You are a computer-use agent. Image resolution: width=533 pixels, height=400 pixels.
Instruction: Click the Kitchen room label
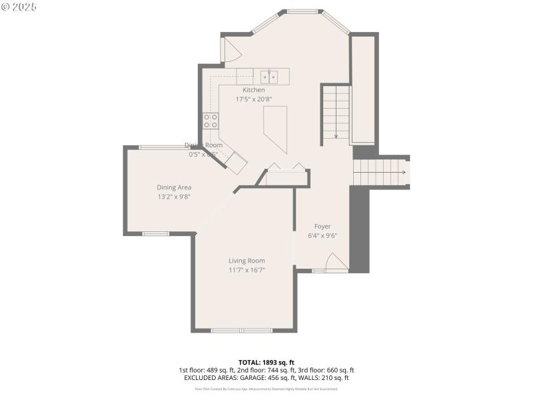coord(253,90)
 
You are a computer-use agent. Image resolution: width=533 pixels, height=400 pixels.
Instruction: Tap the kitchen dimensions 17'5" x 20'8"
coord(253,99)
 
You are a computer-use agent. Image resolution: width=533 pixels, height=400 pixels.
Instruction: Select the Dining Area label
coord(174,187)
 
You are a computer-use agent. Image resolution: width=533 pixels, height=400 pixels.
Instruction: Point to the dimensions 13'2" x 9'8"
coord(174,197)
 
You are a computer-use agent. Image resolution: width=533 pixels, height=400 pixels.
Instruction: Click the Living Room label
coord(247,261)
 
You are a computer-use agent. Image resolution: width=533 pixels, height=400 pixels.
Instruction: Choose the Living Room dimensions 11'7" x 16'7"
coord(247,270)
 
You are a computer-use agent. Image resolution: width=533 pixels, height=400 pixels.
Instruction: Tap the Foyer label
coord(322,226)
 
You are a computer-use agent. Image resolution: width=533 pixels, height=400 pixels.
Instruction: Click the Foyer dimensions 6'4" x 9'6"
coord(322,235)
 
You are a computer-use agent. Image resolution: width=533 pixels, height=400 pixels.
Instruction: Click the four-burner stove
coord(211,121)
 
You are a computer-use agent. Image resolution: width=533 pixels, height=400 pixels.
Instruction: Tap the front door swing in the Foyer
coord(336,262)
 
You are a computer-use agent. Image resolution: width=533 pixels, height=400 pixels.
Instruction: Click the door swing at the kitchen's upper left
coord(231,51)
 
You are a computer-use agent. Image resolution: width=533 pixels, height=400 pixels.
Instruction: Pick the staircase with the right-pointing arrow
coord(380,173)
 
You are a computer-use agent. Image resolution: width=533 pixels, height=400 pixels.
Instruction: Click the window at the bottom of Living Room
coord(241,330)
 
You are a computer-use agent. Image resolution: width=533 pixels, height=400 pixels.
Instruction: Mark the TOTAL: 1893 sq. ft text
coord(266,363)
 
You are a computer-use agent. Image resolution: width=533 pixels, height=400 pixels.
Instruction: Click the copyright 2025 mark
coord(19,7)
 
